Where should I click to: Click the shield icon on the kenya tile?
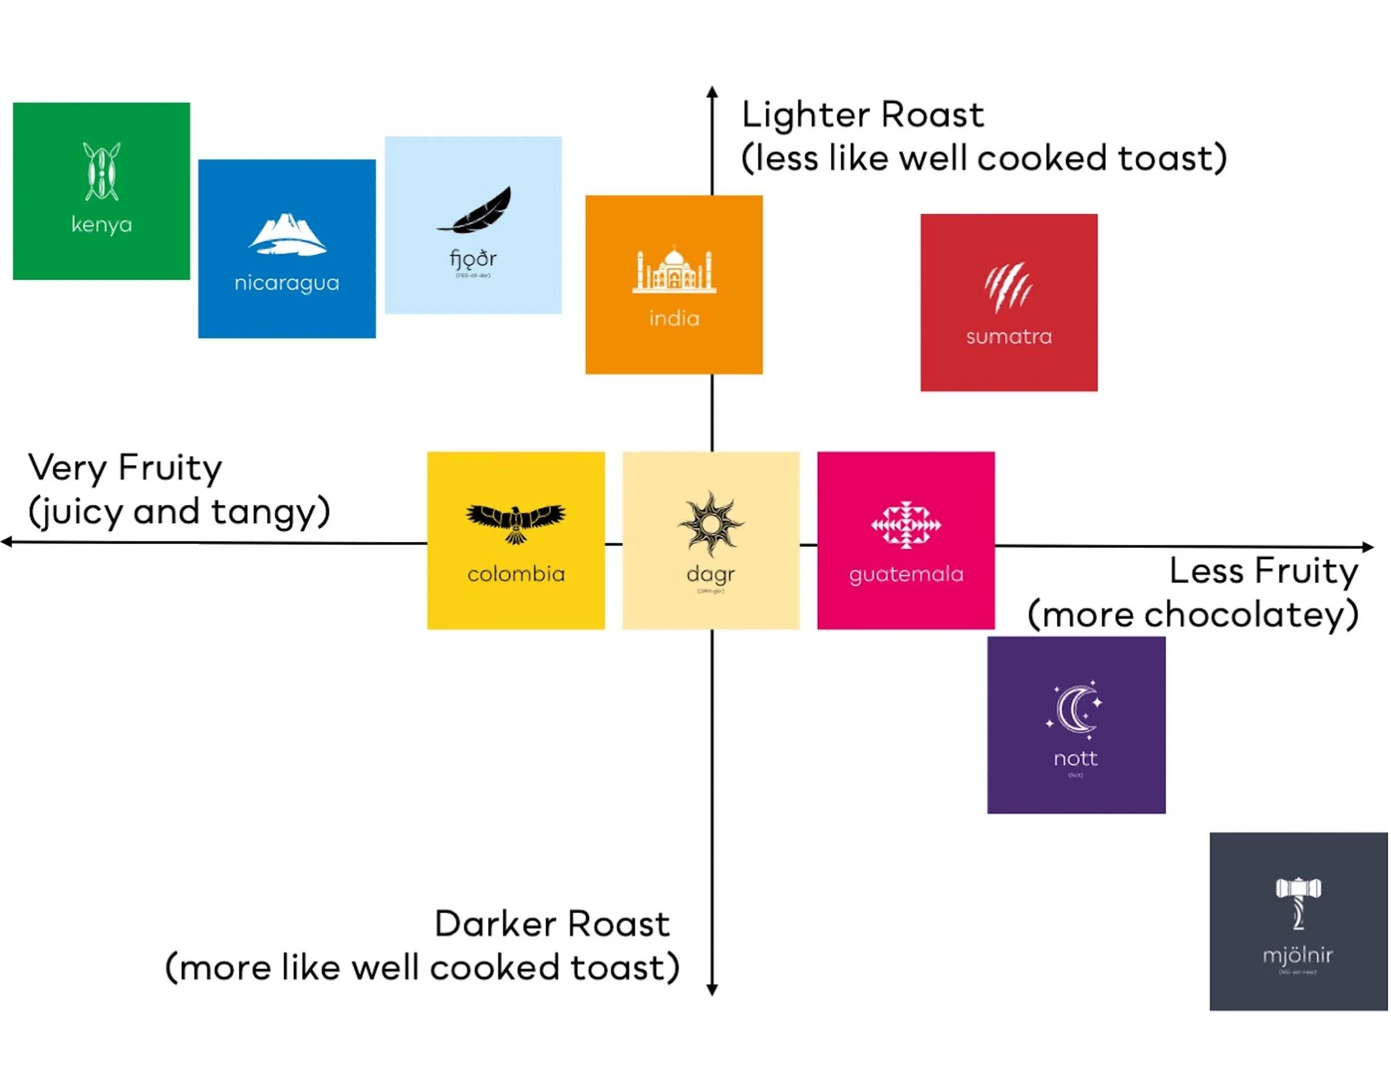[x=101, y=171]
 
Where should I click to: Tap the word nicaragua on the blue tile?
[x=287, y=283]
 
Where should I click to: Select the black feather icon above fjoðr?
[x=475, y=210]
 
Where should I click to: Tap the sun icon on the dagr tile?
[x=711, y=524]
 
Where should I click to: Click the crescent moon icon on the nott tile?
[x=1075, y=708]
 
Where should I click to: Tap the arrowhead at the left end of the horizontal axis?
[x=6, y=541]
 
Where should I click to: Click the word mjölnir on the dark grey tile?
[x=1298, y=955]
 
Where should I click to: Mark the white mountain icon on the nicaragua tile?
[x=287, y=234]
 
